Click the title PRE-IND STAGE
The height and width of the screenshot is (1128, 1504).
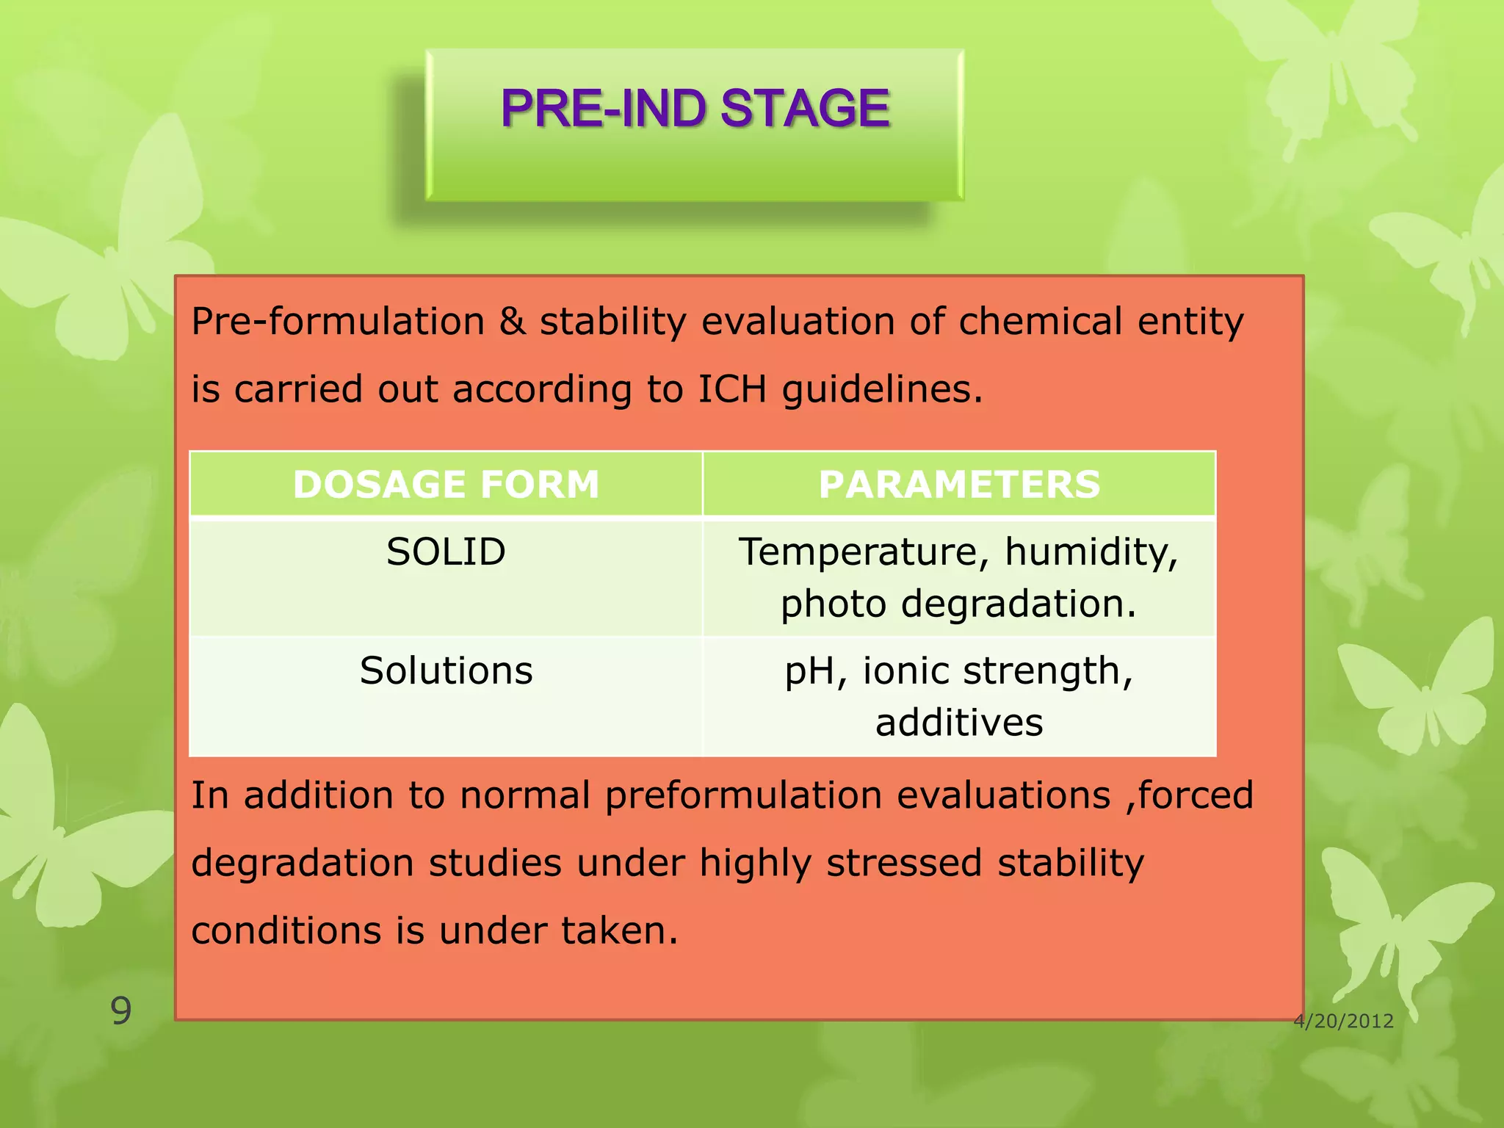(695, 109)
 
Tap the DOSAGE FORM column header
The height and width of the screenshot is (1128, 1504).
(446, 485)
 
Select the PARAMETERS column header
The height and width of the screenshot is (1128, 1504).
(959, 485)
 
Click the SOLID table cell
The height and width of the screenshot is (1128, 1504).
(446, 552)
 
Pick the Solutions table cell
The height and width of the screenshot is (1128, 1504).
(446, 670)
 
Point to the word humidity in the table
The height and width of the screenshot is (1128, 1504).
(1091, 552)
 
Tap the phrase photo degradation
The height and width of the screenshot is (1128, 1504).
(958, 604)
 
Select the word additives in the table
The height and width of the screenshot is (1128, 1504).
(958, 723)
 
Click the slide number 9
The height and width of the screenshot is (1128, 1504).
(120, 1011)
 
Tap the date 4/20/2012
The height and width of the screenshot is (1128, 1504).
(1343, 1021)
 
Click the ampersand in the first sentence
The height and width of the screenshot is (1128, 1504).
(512, 322)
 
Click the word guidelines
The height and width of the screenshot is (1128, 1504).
(881, 389)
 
